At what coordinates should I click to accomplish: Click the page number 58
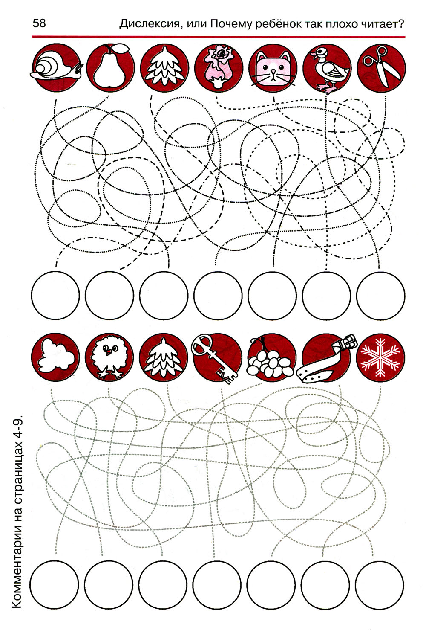tap(39, 23)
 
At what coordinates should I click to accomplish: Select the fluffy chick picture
tap(109, 356)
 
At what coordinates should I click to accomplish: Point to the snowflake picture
tap(380, 357)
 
